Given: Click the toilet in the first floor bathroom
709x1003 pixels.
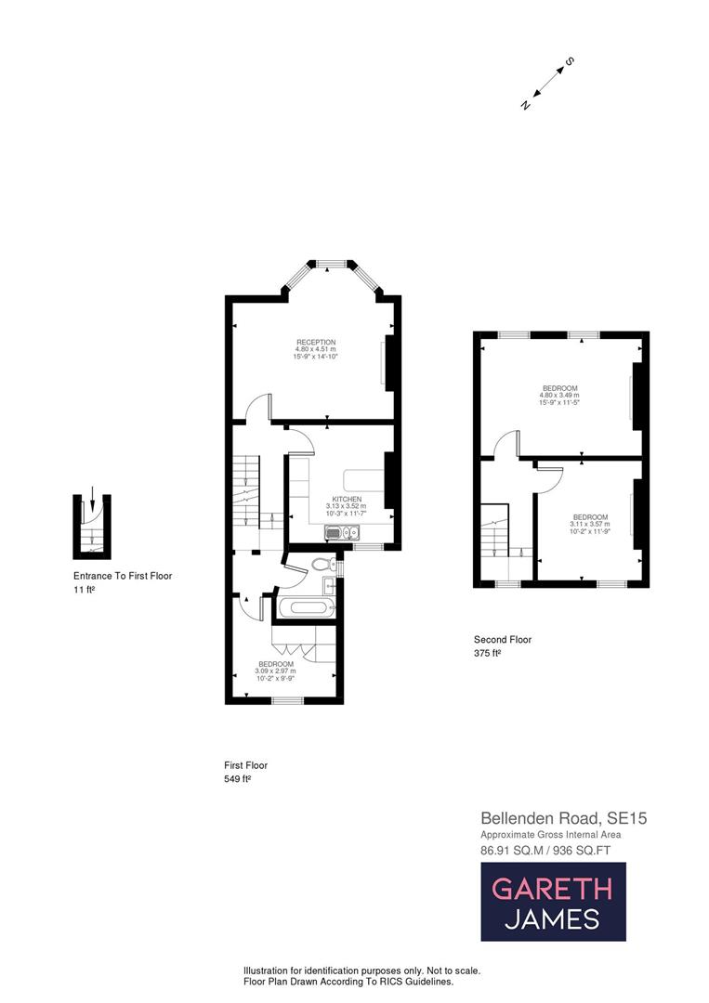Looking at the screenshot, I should coord(322,563).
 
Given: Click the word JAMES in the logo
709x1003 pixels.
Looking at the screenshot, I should coord(552,919).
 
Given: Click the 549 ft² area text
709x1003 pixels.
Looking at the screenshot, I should coord(238,779).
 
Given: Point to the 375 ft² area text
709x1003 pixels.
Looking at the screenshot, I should coord(488,653).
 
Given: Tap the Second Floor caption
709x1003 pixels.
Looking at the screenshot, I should coord(503,639).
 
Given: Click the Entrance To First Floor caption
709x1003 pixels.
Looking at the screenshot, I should coord(123,576).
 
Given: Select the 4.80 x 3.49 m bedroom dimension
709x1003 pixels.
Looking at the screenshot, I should coord(559,395).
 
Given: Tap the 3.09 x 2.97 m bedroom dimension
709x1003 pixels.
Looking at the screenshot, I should coord(276,671).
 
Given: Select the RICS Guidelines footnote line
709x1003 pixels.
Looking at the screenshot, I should coord(348,982).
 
